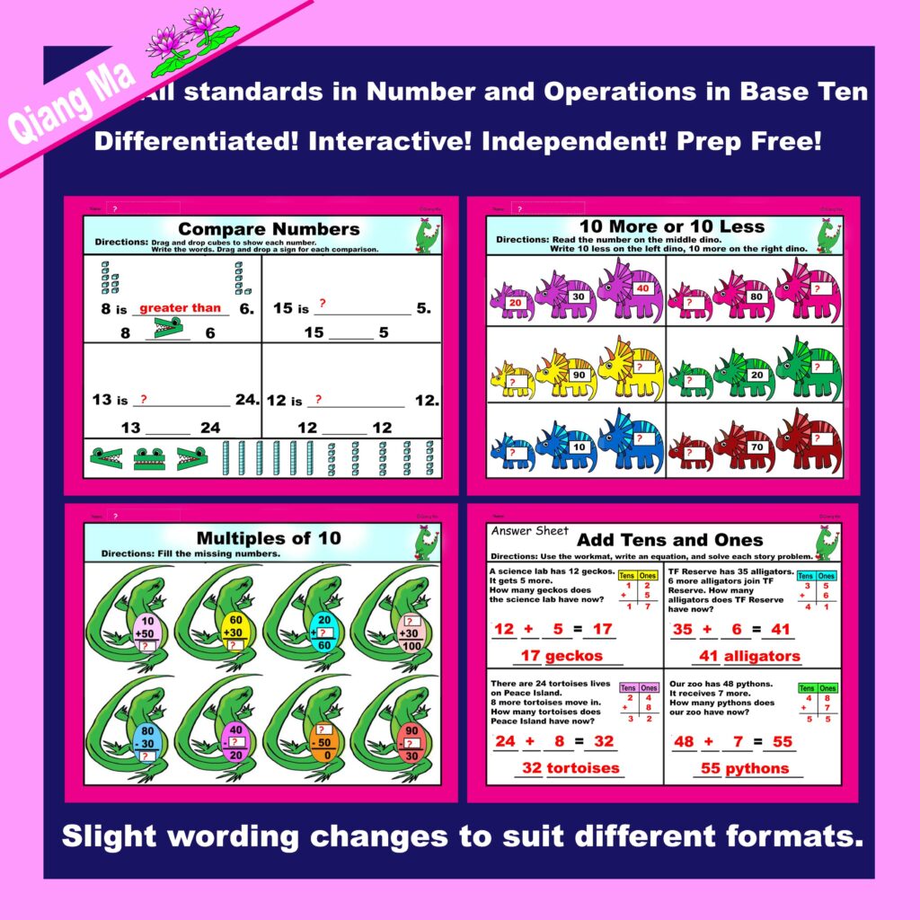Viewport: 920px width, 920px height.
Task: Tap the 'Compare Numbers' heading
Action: (x=269, y=229)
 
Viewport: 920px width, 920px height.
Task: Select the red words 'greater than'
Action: (x=180, y=308)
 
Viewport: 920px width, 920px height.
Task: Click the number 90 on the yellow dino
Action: (x=579, y=375)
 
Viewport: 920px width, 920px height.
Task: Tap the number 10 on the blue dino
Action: (x=579, y=447)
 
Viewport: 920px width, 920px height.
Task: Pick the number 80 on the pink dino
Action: (x=756, y=296)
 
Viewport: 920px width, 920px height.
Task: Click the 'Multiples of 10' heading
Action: (x=269, y=538)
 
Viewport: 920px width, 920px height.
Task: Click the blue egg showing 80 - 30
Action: (x=148, y=742)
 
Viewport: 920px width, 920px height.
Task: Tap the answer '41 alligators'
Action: (x=749, y=656)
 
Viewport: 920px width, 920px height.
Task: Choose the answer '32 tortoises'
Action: (x=571, y=768)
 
